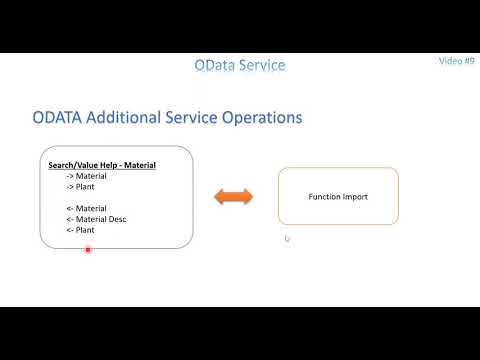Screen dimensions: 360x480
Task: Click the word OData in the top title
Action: pos(217,65)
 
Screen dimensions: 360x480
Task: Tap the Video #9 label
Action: pos(456,61)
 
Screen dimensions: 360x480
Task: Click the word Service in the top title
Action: pos(262,65)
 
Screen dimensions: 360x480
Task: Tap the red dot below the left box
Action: pos(88,250)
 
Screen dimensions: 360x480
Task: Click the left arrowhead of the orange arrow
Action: pos(219,197)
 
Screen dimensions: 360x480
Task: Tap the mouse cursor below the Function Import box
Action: pos(287,238)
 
